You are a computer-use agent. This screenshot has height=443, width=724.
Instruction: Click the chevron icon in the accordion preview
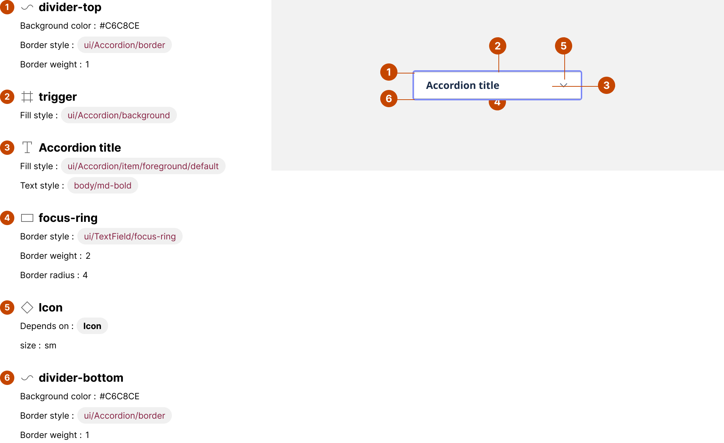[x=564, y=86]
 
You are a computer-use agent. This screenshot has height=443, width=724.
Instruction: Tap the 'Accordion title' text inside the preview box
[x=462, y=85]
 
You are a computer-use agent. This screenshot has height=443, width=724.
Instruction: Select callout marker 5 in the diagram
[x=564, y=46]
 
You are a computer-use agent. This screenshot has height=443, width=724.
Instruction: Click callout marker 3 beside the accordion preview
[x=607, y=85]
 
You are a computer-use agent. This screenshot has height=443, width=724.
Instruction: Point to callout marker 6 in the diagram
[x=389, y=99]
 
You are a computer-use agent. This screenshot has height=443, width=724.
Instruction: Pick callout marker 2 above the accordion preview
[x=498, y=46]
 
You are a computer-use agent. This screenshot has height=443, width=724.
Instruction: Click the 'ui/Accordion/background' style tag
[x=119, y=115]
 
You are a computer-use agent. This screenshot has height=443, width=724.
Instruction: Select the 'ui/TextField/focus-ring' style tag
[x=130, y=237]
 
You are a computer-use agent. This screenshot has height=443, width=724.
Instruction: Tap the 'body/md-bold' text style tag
[x=102, y=186]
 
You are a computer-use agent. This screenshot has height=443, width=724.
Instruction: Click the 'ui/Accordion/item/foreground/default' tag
[x=143, y=166]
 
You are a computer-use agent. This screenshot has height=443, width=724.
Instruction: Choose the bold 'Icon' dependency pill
[x=92, y=326]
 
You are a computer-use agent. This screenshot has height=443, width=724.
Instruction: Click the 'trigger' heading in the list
[x=58, y=97]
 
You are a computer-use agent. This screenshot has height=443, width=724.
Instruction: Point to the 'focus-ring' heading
[x=68, y=218]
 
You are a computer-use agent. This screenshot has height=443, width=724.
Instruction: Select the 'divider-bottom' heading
[x=81, y=378]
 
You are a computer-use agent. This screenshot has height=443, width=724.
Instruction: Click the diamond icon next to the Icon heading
[x=27, y=308]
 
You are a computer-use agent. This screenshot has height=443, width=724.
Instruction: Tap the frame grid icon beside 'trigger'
[x=27, y=97]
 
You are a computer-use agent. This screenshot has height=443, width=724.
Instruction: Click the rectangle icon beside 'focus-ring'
[x=27, y=218]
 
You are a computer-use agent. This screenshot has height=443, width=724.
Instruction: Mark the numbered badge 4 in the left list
[x=7, y=218]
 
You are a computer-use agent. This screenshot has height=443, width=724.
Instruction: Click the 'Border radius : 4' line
[x=54, y=275]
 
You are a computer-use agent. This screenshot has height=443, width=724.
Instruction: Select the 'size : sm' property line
[x=38, y=346]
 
